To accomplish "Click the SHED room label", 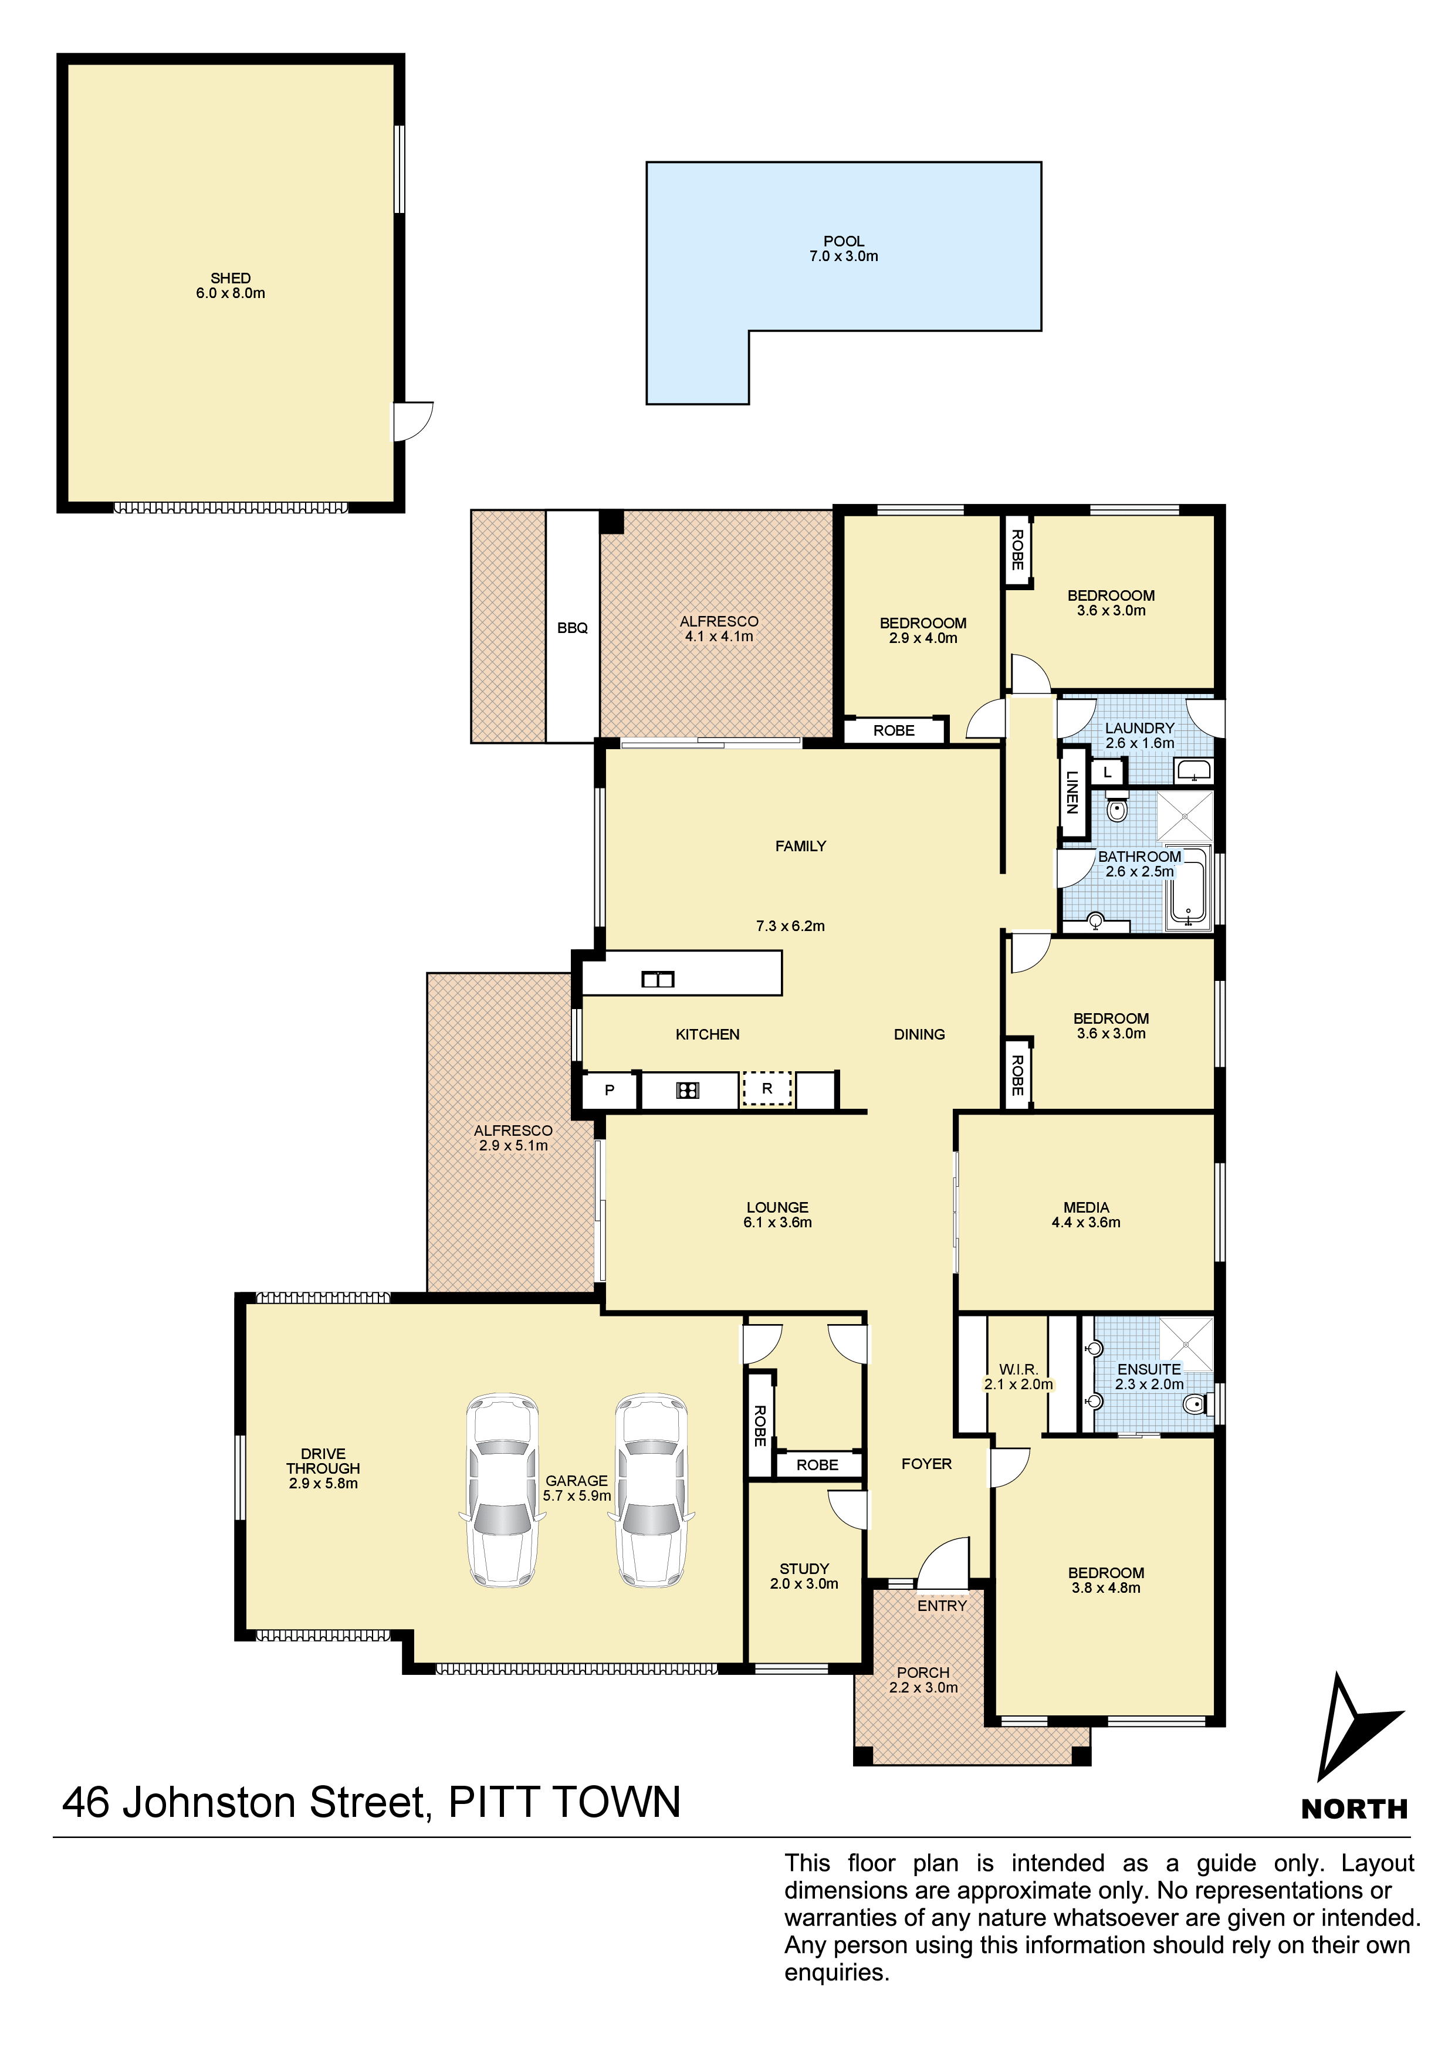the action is pos(231,285).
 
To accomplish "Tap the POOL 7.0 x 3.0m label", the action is pos(844,248).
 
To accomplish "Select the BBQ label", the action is pos(572,628).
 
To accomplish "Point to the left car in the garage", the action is pos(503,1490).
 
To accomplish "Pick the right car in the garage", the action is pos(652,1490).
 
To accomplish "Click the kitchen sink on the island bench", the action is pos(658,979).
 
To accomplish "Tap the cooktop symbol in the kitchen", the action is pos(688,1090).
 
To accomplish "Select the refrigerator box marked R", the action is pos(767,1089).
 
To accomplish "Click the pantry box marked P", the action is pos(610,1090).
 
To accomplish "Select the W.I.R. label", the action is pos(1018,1370).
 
